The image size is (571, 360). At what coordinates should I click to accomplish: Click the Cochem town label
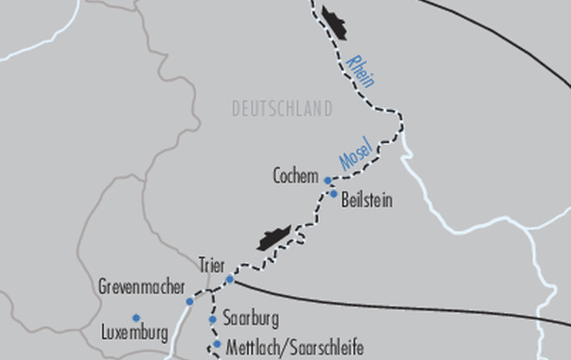(x=295, y=176)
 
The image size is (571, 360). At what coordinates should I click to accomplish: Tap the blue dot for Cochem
(x=328, y=181)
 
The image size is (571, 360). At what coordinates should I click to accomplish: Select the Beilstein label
(x=367, y=201)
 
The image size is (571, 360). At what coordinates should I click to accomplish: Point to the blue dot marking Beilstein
(x=334, y=194)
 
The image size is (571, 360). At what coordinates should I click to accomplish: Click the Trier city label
(x=212, y=265)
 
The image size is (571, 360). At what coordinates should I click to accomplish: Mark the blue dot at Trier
(x=230, y=279)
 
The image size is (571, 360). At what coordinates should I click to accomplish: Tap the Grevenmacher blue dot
(x=190, y=301)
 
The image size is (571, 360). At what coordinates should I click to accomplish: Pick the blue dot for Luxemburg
(x=135, y=318)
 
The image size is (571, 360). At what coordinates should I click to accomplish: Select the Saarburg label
(x=250, y=320)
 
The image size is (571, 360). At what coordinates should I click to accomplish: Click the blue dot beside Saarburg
(x=212, y=319)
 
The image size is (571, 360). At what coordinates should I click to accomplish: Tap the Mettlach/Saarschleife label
(x=294, y=346)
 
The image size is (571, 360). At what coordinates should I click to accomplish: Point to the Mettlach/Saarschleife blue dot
(x=217, y=344)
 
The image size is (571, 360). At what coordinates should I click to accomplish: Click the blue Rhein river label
(x=361, y=70)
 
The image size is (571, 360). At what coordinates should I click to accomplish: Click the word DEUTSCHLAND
(x=282, y=109)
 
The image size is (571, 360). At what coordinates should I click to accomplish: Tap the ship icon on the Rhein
(x=333, y=22)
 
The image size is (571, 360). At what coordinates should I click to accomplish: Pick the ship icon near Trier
(x=273, y=237)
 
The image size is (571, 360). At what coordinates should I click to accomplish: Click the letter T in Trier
(x=202, y=265)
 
